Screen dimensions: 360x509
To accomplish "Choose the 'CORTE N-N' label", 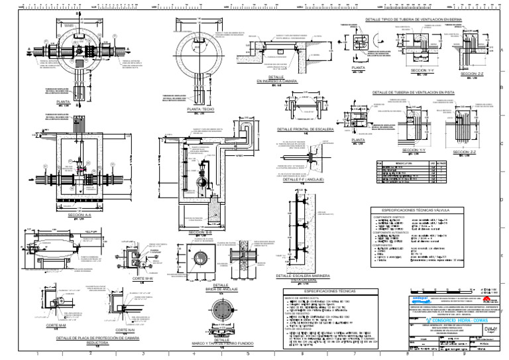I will pos(125,330).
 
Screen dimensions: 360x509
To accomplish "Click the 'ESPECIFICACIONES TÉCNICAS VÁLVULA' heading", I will pos(429,209).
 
